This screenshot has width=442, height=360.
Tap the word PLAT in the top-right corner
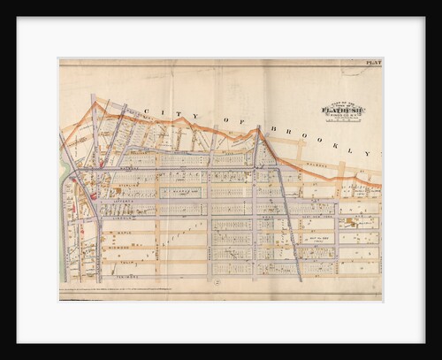[x=373, y=63]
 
